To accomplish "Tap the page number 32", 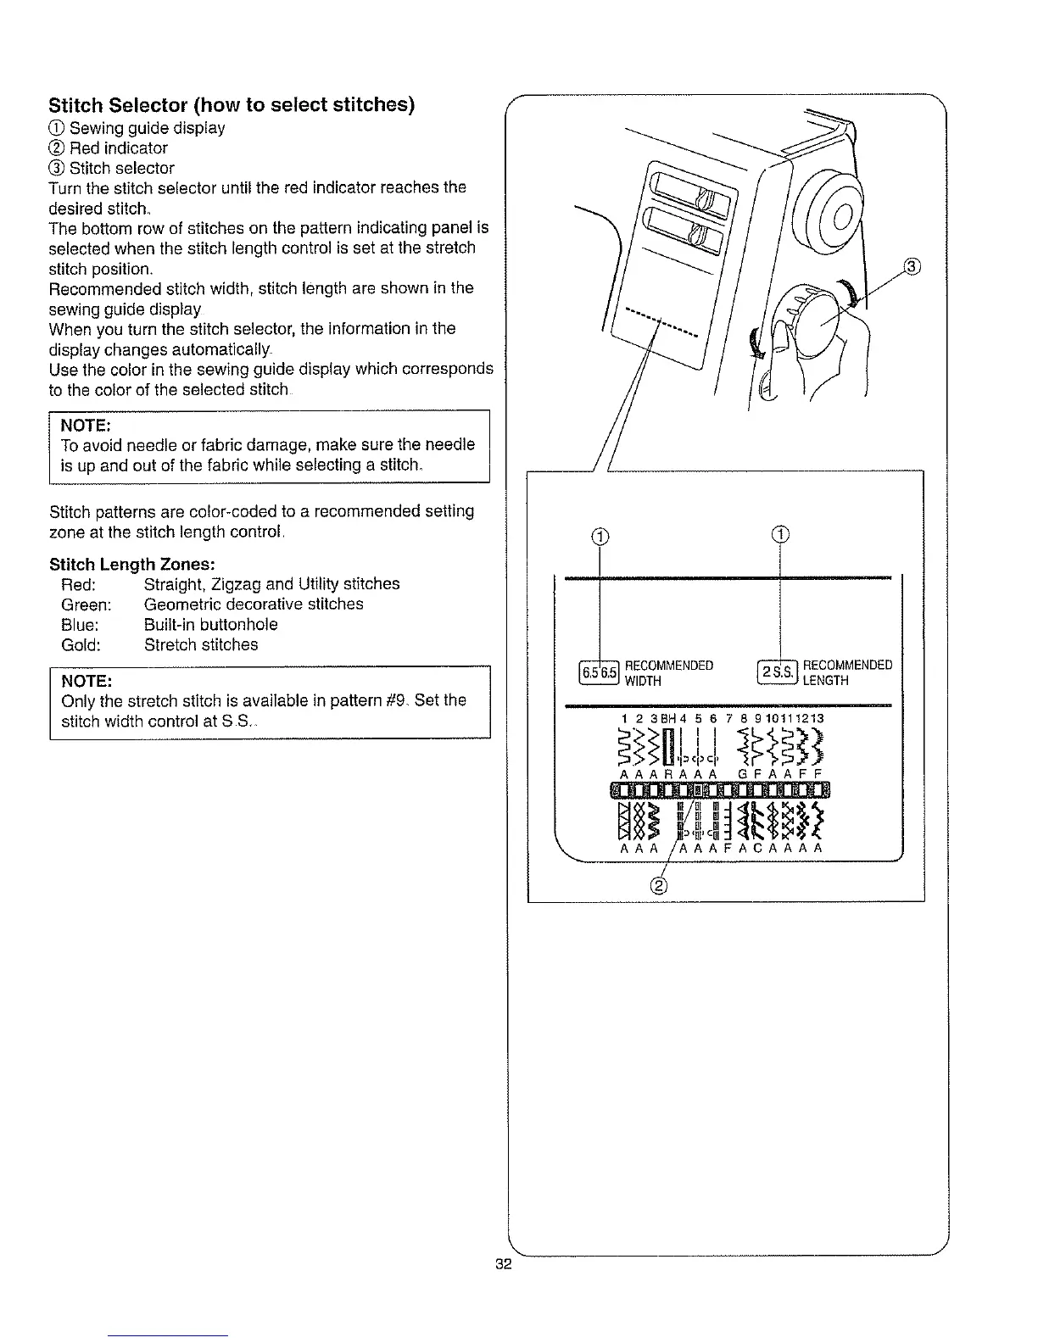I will [x=504, y=1265].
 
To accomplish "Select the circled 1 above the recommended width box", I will [x=600, y=535].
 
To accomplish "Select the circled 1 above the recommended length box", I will [x=779, y=534].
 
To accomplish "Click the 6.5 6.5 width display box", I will [x=599, y=672].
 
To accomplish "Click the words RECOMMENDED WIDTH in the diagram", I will [x=668, y=672].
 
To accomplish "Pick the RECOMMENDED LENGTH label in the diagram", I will [x=847, y=672].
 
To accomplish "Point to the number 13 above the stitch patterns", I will [x=816, y=718].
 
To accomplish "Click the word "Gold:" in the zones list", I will [x=81, y=645].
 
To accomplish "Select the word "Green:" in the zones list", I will [x=86, y=605].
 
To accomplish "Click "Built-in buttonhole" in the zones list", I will [x=210, y=625].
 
